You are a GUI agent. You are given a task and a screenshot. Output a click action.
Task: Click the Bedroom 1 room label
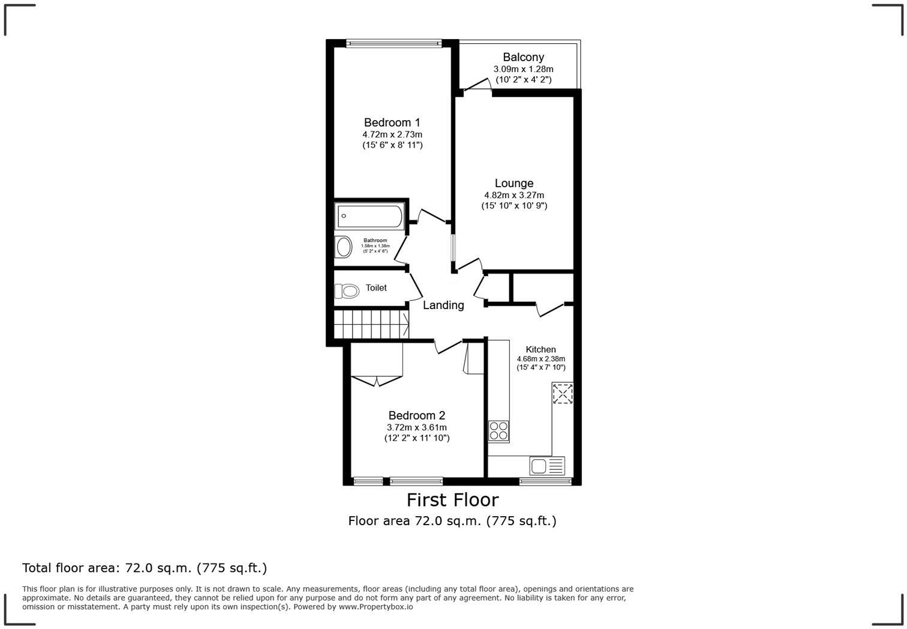tap(392, 123)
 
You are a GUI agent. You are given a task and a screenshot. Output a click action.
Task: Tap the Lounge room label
tap(513, 184)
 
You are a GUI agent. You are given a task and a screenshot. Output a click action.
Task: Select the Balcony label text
tap(523, 58)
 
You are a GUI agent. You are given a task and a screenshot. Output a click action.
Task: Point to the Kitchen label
tap(540, 349)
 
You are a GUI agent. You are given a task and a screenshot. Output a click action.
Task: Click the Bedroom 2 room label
tap(416, 415)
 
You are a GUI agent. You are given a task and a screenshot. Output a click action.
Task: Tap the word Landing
tap(443, 305)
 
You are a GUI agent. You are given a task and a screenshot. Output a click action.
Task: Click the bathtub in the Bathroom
tap(370, 217)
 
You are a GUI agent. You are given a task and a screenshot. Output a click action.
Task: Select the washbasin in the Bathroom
tap(344, 247)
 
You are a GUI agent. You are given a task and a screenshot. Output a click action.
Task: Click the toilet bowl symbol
tap(347, 291)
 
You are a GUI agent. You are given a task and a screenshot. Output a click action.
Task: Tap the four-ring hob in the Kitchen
tap(498, 430)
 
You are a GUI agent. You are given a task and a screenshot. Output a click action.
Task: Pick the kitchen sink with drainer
tap(547, 465)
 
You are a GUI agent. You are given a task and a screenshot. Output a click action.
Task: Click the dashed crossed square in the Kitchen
tap(563, 394)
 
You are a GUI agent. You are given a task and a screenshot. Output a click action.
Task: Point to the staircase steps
tap(371, 325)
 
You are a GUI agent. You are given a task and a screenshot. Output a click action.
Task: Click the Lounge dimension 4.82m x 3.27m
tap(514, 195)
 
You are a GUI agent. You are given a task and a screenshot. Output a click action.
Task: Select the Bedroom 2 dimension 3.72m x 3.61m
tap(416, 427)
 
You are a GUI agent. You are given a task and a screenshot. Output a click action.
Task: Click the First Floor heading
tap(452, 500)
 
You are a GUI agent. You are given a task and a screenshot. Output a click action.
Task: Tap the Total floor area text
tap(144, 568)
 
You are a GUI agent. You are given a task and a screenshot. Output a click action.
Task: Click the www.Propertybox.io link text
tap(376, 607)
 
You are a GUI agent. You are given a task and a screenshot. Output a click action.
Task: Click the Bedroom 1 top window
tap(394, 43)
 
